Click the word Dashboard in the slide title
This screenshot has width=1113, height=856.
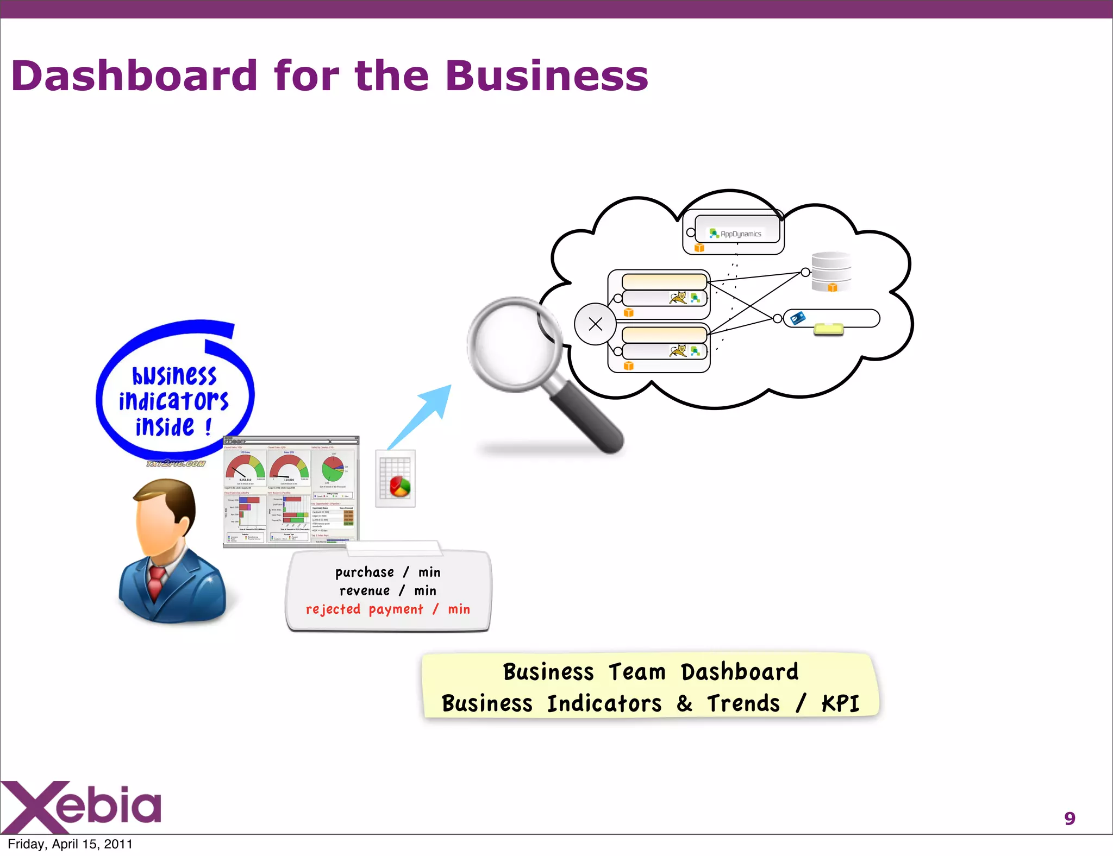click(x=134, y=75)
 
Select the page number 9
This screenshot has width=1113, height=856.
click(x=1070, y=818)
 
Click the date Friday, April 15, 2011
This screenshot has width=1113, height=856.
click(x=70, y=844)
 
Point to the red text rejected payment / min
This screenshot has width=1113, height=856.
click(x=387, y=609)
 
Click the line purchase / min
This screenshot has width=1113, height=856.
click(x=387, y=572)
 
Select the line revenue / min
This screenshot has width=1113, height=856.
click(x=387, y=590)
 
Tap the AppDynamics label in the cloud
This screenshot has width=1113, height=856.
click(x=740, y=234)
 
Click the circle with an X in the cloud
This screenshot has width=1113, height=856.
click(x=595, y=324)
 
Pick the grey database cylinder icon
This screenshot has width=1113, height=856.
click(x=831, y=269)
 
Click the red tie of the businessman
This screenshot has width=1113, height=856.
click(x=156, y=581)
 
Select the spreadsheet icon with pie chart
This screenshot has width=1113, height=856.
click(x=396, y=479)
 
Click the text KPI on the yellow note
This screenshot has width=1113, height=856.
click(x=840, y=703)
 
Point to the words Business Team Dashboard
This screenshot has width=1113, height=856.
click(x=651, y=672)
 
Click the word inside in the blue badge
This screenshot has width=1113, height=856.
click(x=165, y=427)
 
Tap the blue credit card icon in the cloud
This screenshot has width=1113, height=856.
click(x=797, y=318)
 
